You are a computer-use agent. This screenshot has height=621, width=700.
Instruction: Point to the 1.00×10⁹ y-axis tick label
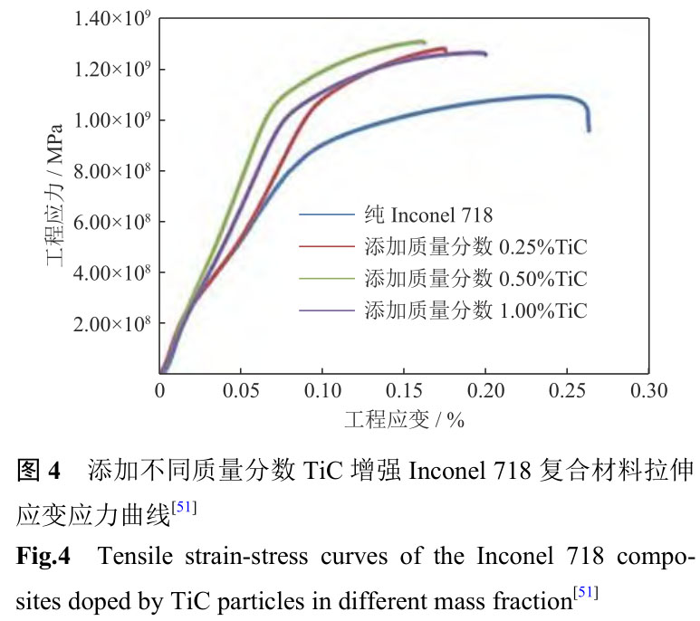click(110, 120)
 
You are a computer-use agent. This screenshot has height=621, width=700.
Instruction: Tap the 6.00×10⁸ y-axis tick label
click(110, 222)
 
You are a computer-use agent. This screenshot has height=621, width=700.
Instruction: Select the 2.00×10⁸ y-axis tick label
click(110, 323)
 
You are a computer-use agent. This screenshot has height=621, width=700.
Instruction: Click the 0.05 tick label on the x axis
click(241, 392)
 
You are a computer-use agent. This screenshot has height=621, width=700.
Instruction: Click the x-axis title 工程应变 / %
click(404, 421)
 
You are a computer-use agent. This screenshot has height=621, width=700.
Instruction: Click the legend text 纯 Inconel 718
click(428, 215)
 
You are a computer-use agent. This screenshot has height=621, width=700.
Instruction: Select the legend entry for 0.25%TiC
click(475, 246)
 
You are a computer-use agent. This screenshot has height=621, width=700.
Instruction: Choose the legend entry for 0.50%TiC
click(475, 278)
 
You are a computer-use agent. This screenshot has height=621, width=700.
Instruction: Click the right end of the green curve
click(424, 42)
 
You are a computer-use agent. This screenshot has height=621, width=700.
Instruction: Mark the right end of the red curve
click(446, 49)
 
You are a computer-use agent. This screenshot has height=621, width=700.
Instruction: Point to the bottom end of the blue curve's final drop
click(589, 130)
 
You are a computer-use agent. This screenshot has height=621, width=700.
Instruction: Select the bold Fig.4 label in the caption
click(43, 555)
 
